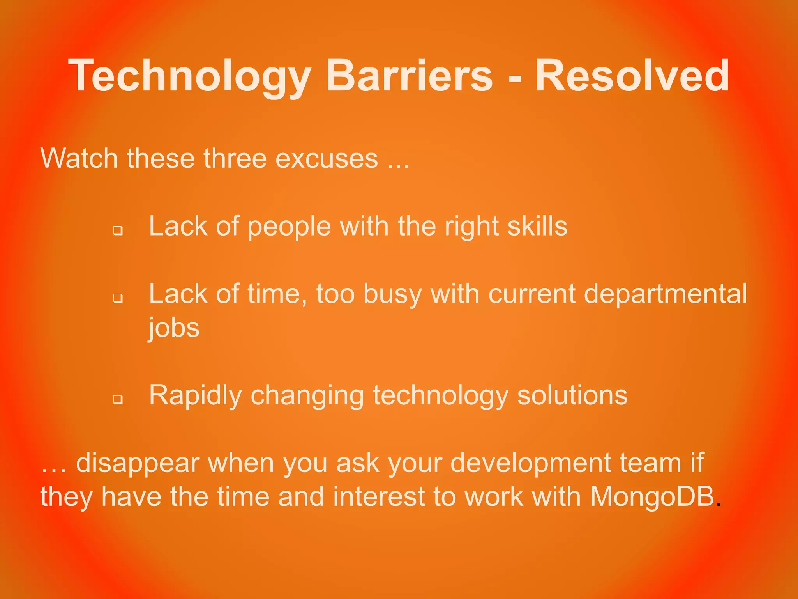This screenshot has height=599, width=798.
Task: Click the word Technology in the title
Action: [x=190, y=76]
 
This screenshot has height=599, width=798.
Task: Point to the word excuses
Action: [x=327, y=158]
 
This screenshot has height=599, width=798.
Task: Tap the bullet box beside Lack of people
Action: [x=118, y=230]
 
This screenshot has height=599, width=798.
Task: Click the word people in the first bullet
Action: [x=289, y=227]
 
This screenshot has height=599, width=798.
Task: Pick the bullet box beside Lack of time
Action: [x=118, y=298]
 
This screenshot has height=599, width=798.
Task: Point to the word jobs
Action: [x=174, y=328]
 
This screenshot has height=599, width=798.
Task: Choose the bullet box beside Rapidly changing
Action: [x=118, y=400]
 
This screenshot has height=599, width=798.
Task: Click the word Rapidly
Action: [x=195, y=396]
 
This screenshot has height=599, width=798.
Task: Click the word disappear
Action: [x=137, y=464]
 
